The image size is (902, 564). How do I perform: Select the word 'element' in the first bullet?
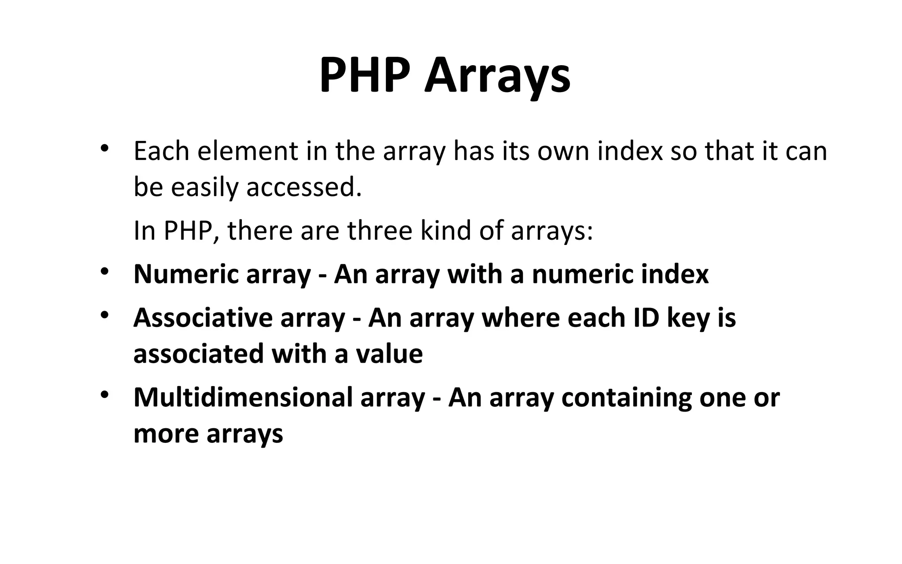(x=247, y=151)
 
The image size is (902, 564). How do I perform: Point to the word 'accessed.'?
(x=304, y=188)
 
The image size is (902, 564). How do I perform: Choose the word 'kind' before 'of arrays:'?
(x=446, y=230)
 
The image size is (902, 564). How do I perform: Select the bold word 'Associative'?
(x=203, y=318)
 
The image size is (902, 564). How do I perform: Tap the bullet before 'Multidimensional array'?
(x=104, y=394)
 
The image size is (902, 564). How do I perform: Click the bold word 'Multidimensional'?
(x=243, y=397)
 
